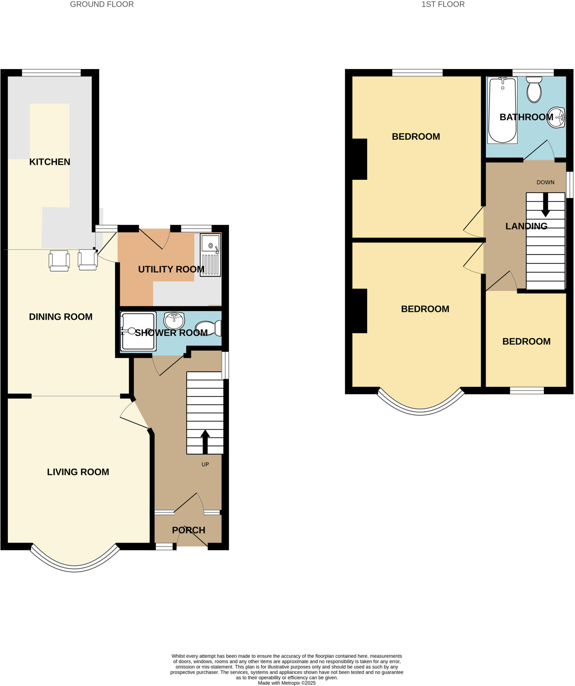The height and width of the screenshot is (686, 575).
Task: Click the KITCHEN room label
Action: tap(50, 162)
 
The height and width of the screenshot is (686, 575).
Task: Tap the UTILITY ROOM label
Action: tap(171, 269)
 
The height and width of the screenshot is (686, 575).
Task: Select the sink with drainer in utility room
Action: tap(210, 255)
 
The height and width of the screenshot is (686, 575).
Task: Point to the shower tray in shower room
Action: tap(138, 331)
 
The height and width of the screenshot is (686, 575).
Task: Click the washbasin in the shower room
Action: tap(174, 321)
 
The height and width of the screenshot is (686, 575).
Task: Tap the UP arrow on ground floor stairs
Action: tap(205, 442)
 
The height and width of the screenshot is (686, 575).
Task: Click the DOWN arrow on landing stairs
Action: tap(545, 205)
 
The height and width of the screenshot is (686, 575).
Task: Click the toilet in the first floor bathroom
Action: tap(534, 89)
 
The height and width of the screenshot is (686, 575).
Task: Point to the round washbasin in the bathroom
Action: tap(556, 118)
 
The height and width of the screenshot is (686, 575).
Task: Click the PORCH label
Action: tap(188, 530)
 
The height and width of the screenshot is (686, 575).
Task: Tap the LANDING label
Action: tap(526, 226)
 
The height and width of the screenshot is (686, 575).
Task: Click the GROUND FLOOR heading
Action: tap(102, 4)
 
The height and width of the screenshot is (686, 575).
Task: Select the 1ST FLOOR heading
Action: tap(442, 4)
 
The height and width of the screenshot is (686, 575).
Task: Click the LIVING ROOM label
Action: tap(78, 472)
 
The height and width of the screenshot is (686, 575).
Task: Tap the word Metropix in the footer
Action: tap(291, 683)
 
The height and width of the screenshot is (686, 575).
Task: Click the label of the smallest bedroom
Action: tap(526, 341)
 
